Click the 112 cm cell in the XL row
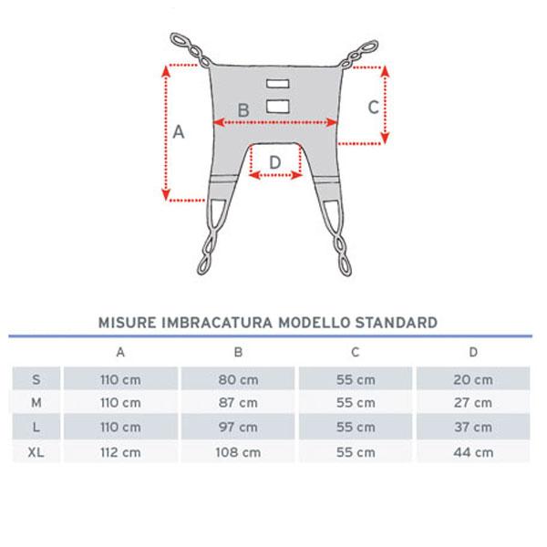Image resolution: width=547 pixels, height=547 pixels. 120,452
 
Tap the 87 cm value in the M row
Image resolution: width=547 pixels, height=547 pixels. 239,403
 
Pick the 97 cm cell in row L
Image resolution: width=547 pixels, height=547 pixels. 239,428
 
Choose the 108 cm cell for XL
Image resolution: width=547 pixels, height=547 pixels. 239,452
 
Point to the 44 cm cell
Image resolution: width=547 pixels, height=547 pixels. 474,452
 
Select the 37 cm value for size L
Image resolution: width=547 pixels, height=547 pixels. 474,428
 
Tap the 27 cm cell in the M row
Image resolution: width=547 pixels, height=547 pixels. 474,403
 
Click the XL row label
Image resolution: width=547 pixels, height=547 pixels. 36,452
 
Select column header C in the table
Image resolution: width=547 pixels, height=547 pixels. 356,352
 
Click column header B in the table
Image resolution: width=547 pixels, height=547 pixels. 239,352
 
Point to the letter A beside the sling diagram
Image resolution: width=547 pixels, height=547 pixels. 180,131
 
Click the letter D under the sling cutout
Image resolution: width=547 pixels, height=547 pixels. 275,162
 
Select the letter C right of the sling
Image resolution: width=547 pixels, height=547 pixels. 373,106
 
